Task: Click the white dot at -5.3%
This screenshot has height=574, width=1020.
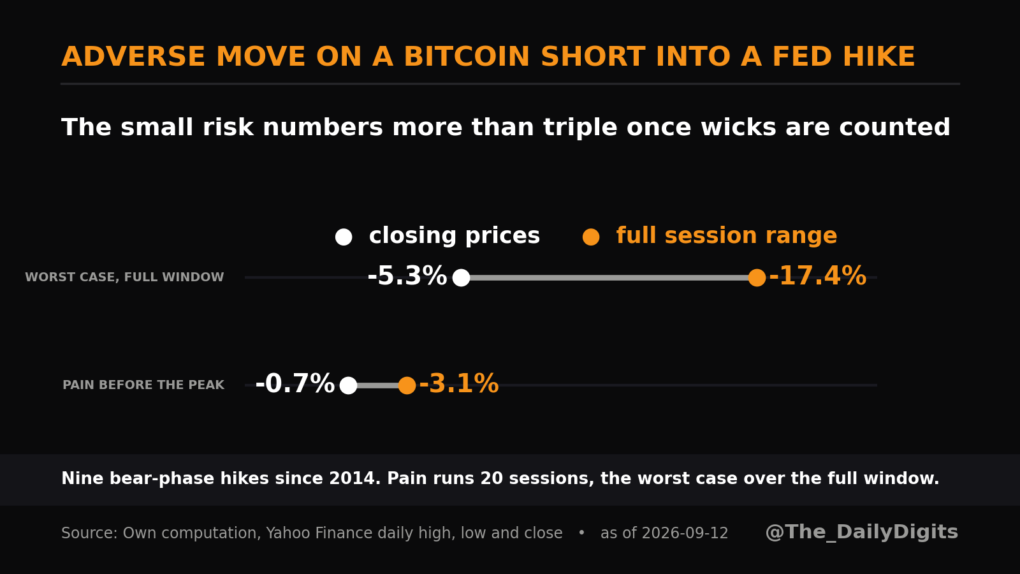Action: click(461, 277)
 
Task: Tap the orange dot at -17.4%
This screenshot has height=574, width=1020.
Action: click(757, 277)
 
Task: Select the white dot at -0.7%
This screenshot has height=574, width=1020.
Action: click(348, 385)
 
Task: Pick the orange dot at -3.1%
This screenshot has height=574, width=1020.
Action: click(407, 385)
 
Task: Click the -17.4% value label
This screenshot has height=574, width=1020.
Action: click(817, 277)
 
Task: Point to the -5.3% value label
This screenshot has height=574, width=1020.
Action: click(407, 277)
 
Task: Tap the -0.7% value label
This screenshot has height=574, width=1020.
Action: click(295, 384)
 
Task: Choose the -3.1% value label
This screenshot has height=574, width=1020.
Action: click(459, 384)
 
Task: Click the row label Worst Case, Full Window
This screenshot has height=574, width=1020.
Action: click(124, 277)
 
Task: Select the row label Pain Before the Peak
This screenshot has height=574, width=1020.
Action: click(143, 385)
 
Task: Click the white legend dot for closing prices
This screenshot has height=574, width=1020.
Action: click(344, 237)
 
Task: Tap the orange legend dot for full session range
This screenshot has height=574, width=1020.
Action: click(590, 237)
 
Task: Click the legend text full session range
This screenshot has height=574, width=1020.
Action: click(727, 236)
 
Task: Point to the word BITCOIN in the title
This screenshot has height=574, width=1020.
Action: click(467, 57)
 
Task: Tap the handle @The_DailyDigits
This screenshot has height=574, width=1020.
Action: click(861, 532)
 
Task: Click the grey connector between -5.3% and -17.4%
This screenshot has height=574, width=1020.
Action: click(609, 277)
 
